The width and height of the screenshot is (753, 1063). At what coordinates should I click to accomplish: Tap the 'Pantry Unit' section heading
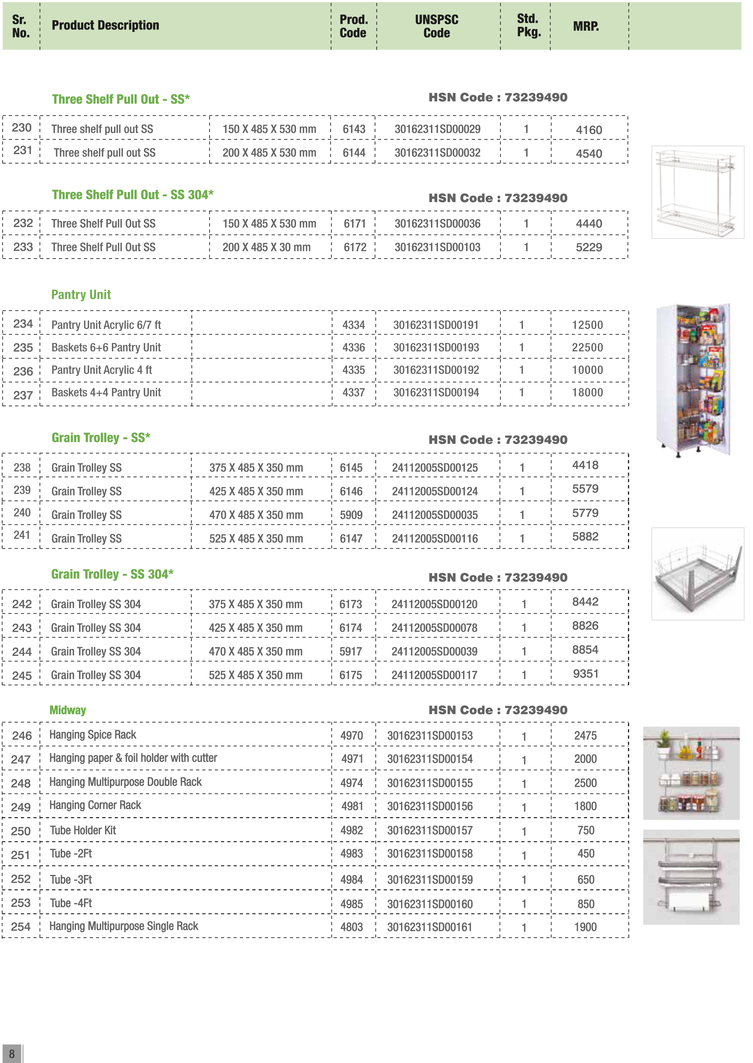click(x=81, y=295)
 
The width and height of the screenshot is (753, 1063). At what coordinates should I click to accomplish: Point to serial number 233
click(x=23, y=247)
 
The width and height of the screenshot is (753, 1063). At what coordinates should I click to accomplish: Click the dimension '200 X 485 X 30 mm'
click(x=266, y=247)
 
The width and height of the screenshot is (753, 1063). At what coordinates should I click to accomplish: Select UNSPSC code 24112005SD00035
click(x=434, y=515)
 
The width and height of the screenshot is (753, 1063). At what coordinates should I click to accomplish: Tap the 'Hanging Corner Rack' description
click(x=95, y=805)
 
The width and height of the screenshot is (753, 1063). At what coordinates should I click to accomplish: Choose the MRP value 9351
click(x=586, y=674)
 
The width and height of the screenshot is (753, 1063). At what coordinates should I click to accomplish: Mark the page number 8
click(x=12, y=1054)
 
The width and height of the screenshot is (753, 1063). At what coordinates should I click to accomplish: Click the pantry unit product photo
click(x=694, y=379)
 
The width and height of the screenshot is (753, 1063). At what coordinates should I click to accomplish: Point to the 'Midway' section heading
click(x=68, y=710)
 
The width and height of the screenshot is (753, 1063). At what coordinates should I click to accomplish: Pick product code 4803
click(x=352, y=927)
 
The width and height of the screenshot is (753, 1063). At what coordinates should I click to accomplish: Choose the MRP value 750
click(x=586, y=830)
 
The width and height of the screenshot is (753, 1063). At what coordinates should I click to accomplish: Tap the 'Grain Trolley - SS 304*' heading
click(x=112, y=574)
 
